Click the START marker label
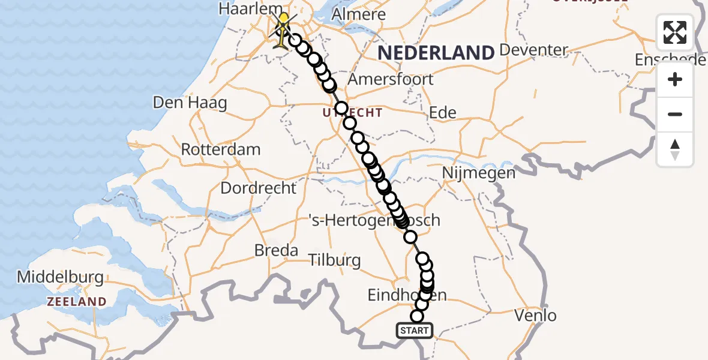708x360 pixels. click(x=414, y=330)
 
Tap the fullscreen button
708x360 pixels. click(x=675, y=32)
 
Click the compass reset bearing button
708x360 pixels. click(x=675, y=149)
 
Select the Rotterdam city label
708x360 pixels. click(x=221, y=149)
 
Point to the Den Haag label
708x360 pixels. click(x=190, y=103)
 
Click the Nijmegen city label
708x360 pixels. click(x=478, y=173)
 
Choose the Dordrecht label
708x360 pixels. click(x=258, y=188)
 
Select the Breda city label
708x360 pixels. click(x=277, y=250)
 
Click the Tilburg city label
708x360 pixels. click(x=335, y=260)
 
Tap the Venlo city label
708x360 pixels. click(x=536, y=315)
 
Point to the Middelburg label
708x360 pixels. click(x=60, y=278)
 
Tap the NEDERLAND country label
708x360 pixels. click(x=436, y=53)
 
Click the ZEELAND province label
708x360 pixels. click(x=77, y=302)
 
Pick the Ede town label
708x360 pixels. click(x=443, y=112)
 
